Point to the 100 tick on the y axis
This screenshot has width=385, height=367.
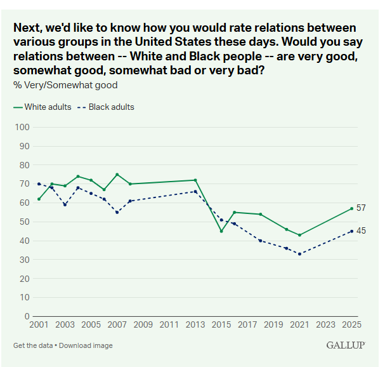23,128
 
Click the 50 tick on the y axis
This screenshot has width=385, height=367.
25,222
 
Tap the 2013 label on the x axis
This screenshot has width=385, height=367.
195,325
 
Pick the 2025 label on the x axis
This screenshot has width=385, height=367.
351,325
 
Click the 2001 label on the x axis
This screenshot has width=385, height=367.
39,325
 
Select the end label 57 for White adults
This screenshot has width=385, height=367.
361,208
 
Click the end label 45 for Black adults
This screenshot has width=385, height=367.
361,230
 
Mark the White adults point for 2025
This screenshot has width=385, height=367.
351,208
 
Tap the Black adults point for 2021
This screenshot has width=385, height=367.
299,254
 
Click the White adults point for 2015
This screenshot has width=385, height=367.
221,231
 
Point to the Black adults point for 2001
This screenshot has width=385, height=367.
39,184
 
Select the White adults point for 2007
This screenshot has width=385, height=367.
117,175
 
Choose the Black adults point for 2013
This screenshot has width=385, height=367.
195,192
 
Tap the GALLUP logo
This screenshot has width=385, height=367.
345,345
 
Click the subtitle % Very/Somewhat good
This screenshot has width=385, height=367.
65,84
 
